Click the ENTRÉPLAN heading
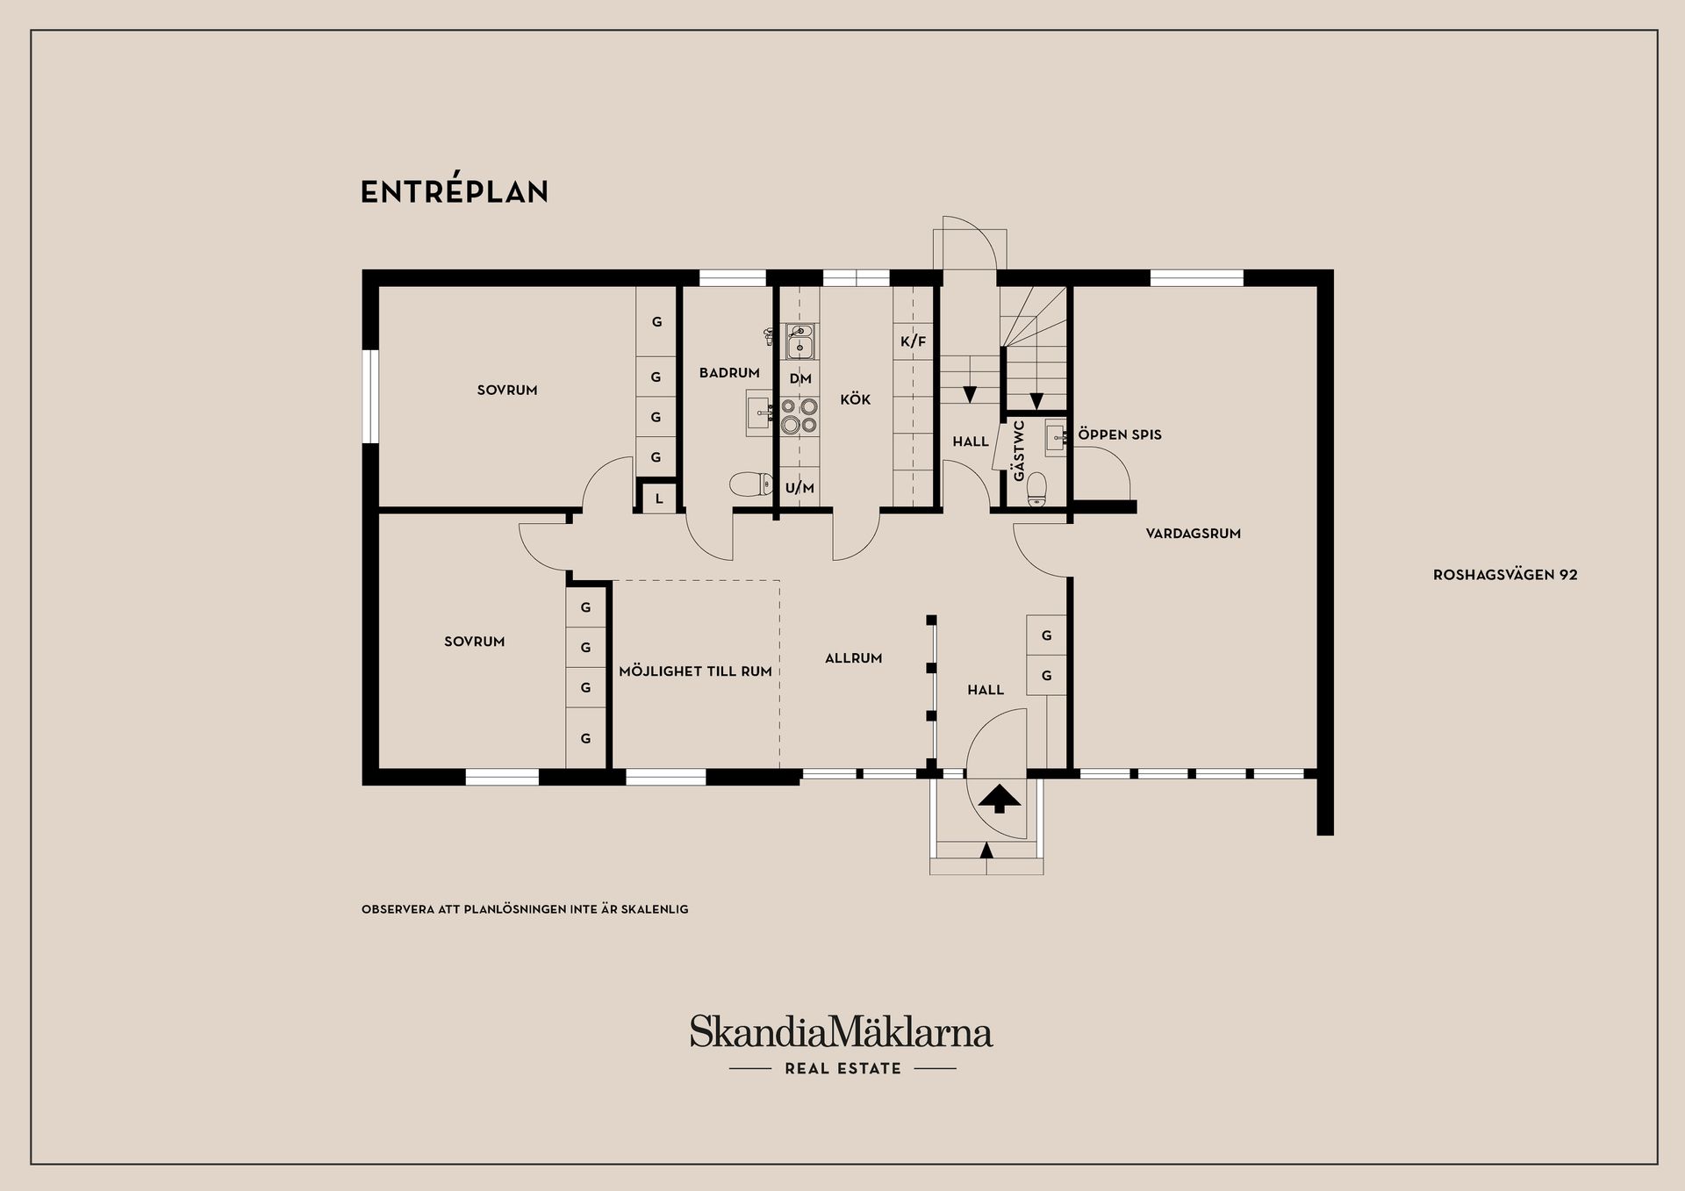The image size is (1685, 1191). tap(455, 192)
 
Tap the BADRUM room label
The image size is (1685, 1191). tap(729, 373)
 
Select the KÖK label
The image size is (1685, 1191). tap(855, 399)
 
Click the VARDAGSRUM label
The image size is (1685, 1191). tap(1193, 533)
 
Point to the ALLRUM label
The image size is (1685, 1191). tap(853, 657)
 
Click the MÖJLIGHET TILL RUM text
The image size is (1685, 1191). tap(695, 671)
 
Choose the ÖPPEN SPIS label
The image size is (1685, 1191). tap(1120, 434)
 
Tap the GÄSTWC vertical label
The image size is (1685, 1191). tap(1018, 450)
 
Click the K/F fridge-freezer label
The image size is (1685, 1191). tap(913, 341)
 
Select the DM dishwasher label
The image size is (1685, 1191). tap(800, 379)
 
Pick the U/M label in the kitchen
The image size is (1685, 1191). tap(799, 488)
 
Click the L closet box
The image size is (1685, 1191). tap(658, 499)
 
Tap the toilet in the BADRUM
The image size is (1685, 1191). tap(749, 483)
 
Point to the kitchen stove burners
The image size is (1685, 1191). tap(799, 416)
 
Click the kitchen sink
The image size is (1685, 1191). tap(799, 341)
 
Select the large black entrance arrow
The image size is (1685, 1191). tap(999, 799)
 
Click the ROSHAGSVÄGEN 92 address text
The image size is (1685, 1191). tap(1505, 575)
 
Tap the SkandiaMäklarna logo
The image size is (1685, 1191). tap(841, 1033)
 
